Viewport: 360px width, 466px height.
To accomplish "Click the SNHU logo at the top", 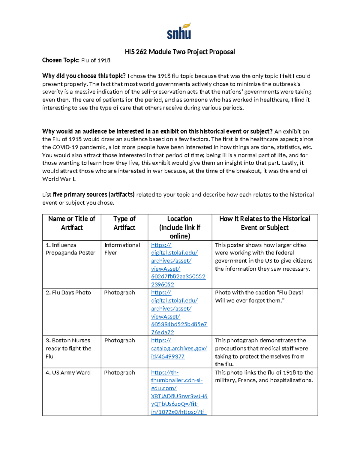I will (x=179, y=32).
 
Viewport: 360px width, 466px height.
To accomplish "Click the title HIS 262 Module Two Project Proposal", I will (x=180, y=52).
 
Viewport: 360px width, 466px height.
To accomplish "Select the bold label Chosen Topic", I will (x=61, y=60).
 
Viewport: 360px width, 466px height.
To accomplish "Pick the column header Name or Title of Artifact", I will (x=72, y=223).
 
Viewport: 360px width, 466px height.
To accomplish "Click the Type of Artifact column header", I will (x=124, y=223).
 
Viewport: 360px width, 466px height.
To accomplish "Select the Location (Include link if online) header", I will (x=180, y=227).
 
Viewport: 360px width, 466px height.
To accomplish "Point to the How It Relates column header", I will (x=265, y=223).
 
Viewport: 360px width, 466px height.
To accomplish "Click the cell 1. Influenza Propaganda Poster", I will (x=70, y=249).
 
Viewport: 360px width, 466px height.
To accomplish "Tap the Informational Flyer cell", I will (x=122, y=249).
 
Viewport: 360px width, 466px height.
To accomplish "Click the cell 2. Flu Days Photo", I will (x=68, y=293).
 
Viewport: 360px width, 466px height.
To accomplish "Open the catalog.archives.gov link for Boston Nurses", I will (x=179, y=348).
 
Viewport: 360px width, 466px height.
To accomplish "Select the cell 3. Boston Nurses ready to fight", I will (x=68, y=348).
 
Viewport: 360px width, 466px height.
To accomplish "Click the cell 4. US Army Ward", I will (x=68, y=373).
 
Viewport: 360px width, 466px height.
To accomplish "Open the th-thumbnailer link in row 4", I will (x=179, y=392).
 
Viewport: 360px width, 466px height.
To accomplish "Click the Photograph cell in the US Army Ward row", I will (x=119, y=373).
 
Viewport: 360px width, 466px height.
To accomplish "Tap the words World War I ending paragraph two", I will (x=59, y=179).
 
